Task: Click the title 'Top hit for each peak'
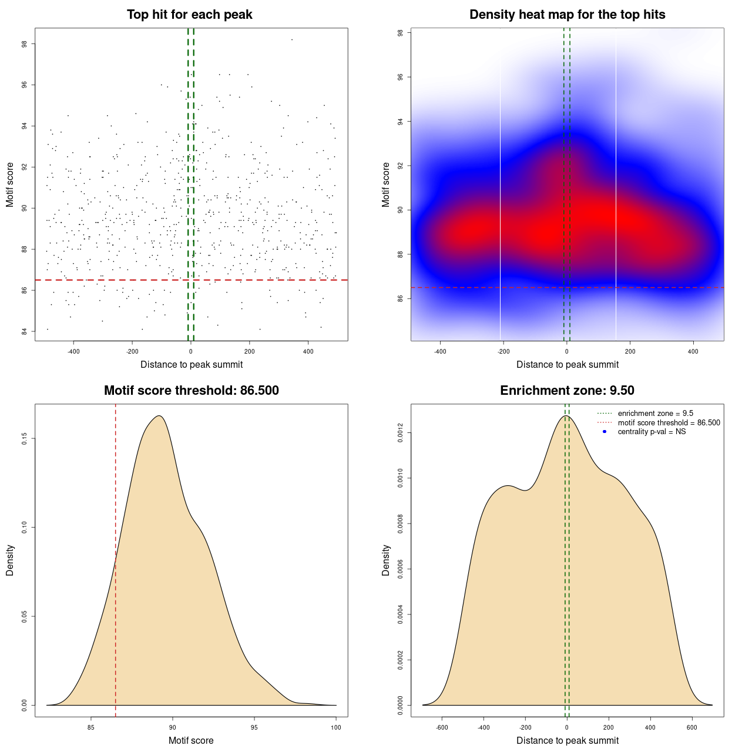point(189,15)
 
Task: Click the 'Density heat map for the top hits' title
point(567,15)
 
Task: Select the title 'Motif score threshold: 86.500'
point(191,391)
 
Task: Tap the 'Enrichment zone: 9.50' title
point(567,391)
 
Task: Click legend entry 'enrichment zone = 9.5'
point(655,414)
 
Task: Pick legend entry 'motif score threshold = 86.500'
point(669,422)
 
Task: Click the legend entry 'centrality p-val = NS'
point(652,432)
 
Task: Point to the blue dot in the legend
point(605,432)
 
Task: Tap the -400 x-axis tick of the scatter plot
point(73,351)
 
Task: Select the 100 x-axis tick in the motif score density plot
point(335,727)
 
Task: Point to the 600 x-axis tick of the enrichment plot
point(692,727)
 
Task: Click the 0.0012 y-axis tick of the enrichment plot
point(401,434)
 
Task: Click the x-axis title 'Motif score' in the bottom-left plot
point(191,740)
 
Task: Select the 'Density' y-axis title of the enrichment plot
point(386,560)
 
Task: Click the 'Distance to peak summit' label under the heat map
point(567,364)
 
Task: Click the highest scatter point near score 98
point(291,39)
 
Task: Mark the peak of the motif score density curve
point(159,416)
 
